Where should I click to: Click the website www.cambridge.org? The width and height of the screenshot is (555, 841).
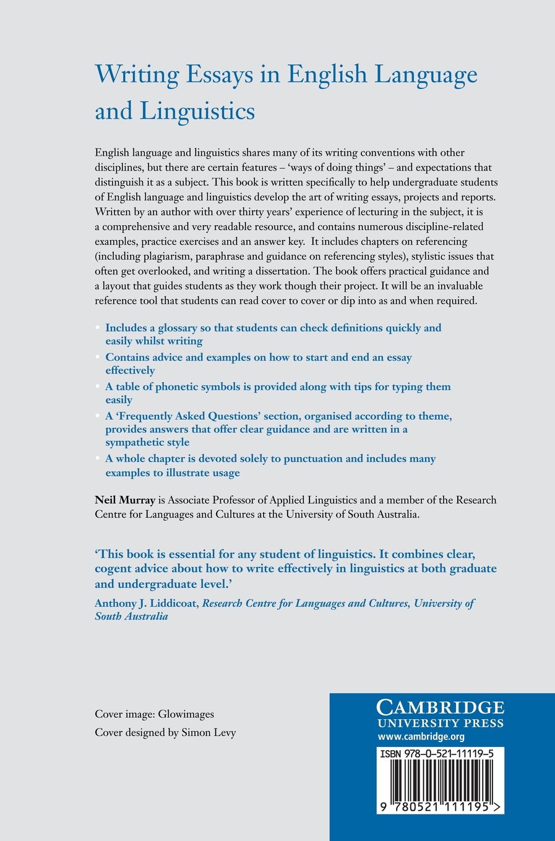[x=421, y=736]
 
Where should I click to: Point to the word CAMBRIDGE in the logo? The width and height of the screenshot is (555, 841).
[x=441, y=707]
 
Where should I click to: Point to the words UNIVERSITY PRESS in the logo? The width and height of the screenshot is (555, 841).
[x=441, y=724]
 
